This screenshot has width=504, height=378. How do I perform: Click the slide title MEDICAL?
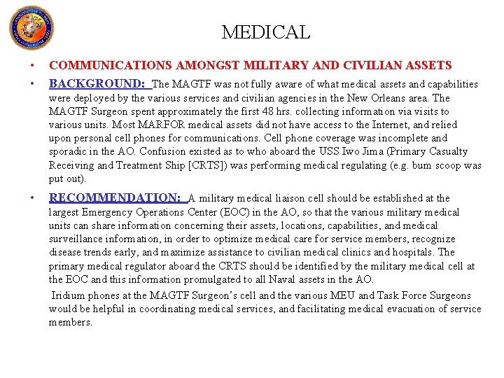(x=265, y=32)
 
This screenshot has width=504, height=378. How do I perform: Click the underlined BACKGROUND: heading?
(x=98, y=83)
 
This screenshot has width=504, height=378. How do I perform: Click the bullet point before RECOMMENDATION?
(x=33, y=198)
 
